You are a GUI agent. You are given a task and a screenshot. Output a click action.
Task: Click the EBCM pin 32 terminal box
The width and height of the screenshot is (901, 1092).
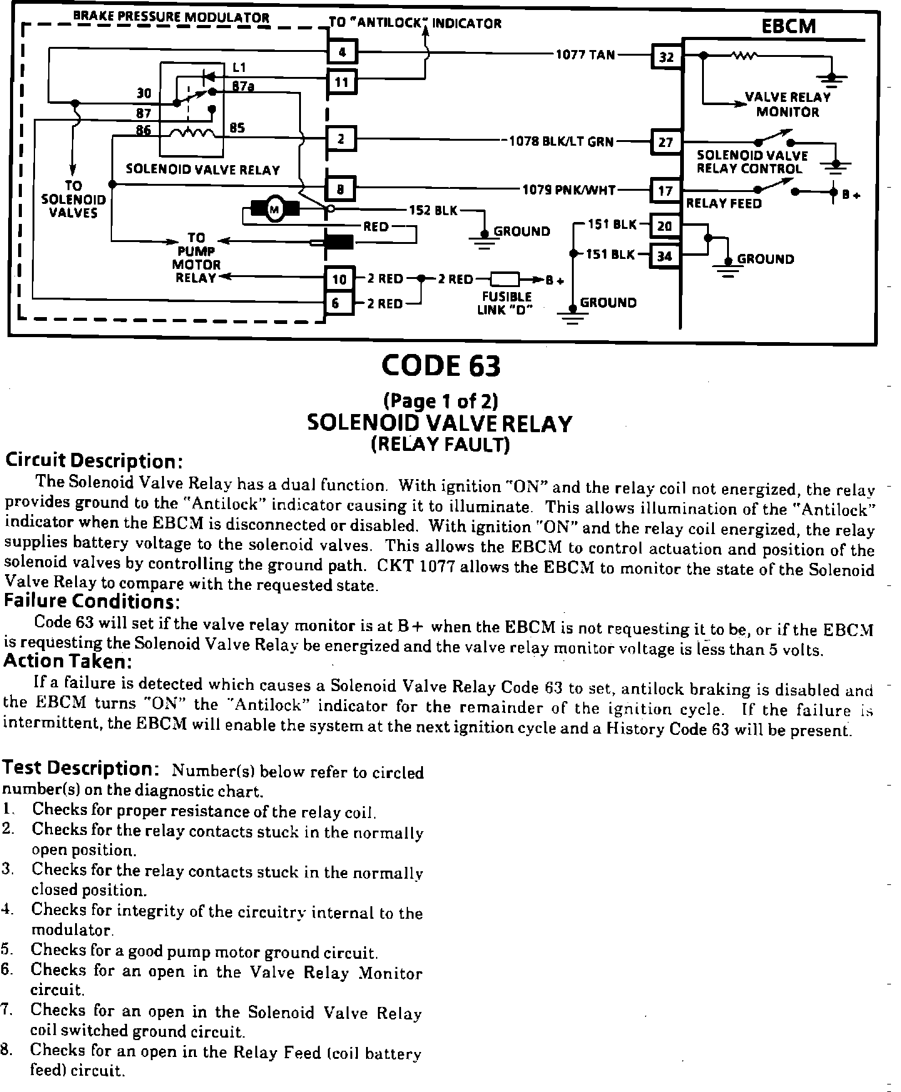tap(666, 57)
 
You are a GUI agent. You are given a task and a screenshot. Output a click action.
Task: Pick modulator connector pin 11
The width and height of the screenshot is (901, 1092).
tap(342, 82)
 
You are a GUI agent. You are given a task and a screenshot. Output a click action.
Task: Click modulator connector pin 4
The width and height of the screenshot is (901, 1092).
tap(342, 52)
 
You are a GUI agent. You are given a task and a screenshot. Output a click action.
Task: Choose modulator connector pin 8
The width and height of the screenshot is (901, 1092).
tap(341, 188)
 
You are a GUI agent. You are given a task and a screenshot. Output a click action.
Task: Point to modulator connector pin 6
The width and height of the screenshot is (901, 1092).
tap(337, 303)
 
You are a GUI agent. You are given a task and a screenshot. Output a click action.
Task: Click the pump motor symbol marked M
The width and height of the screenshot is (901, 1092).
tap(275, 209)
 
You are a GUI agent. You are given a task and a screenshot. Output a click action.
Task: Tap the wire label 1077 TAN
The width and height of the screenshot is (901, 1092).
tap(586, 54)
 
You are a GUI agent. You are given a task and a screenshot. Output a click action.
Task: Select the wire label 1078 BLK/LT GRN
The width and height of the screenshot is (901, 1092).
tap(561, 141)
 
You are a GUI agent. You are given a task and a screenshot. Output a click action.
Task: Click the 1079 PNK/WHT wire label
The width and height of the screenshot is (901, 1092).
tap(569, 190)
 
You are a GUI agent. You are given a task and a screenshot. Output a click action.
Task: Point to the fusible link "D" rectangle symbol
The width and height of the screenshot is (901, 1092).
tap(505, 279)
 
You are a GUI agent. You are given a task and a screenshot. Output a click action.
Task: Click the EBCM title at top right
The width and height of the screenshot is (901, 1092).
tap(788, 26)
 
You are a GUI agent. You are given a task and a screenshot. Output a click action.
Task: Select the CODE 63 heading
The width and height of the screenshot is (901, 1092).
tap(441, 366)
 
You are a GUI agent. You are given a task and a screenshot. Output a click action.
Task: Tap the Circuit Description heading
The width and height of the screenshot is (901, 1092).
tap(94, 461)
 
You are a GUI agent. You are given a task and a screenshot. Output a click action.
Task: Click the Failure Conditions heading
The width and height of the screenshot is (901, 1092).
tap(92, 602)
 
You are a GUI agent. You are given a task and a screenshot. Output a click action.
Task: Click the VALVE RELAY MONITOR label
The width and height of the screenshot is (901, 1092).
tap(787, 104)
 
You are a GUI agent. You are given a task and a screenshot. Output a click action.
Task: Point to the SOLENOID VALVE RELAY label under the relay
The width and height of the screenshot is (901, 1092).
tap(203, 169)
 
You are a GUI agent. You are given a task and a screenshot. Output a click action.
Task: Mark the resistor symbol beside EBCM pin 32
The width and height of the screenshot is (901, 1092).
tap(745, 55)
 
